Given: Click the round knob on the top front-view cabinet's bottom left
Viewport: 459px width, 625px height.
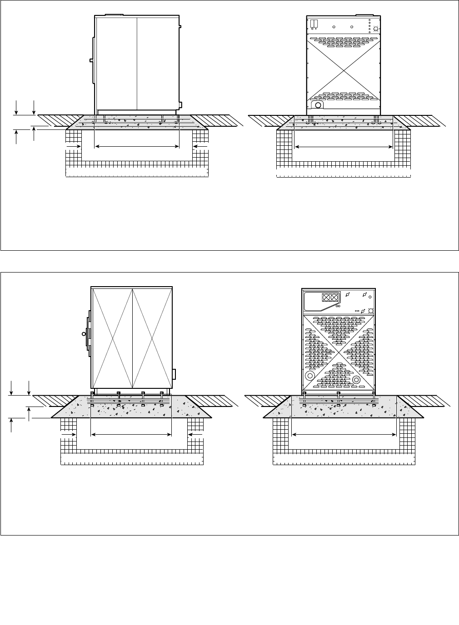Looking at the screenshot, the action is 318,105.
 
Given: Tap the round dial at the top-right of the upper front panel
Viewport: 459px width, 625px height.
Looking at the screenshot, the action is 376,30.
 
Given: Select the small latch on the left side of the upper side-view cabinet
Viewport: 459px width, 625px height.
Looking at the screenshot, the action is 91,60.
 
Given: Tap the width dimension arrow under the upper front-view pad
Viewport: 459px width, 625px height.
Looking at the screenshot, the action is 344,147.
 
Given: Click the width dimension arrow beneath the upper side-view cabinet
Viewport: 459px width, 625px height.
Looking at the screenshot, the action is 137,146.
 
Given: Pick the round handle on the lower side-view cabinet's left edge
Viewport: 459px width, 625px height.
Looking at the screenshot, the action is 84,333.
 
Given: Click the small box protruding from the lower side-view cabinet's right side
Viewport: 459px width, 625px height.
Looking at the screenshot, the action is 174,374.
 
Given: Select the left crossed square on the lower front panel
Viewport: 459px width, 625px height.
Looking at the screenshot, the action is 327,298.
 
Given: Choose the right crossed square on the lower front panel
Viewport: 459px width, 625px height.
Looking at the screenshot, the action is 335,298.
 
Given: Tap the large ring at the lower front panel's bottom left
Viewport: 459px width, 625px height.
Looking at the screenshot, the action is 310,376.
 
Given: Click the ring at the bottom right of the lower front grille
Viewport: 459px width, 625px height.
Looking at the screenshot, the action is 356,379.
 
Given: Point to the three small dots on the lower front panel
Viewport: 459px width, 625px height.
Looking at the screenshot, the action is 357,311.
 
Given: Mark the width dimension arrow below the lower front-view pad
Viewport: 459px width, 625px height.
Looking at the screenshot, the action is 344,435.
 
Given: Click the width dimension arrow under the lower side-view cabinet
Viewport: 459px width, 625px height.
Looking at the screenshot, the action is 131,435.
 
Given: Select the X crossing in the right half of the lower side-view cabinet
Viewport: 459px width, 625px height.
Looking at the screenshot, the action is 151,337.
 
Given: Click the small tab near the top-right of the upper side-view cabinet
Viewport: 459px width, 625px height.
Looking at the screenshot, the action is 180,27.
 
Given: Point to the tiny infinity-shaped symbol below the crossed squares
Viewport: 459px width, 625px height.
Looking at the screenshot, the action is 338,306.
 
